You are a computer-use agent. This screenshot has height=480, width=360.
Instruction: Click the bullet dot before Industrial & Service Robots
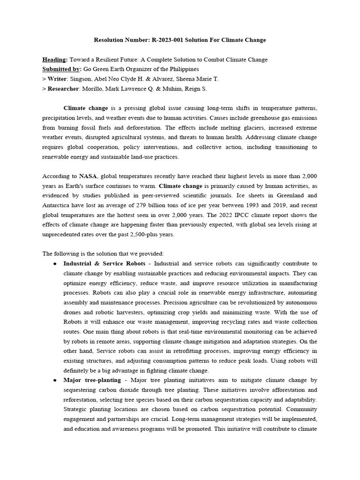55,264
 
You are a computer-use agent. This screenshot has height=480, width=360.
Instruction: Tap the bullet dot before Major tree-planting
55,380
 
